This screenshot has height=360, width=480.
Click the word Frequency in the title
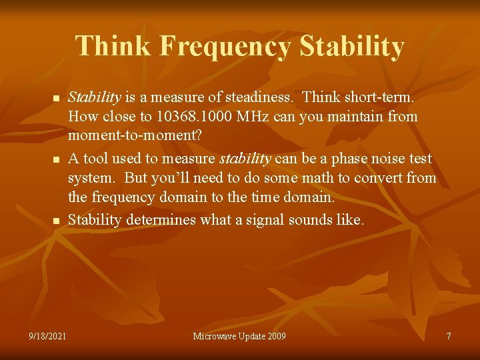pos(226,47)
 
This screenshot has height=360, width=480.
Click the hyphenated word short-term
pos(381,97)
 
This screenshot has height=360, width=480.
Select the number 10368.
pos(177,117)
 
